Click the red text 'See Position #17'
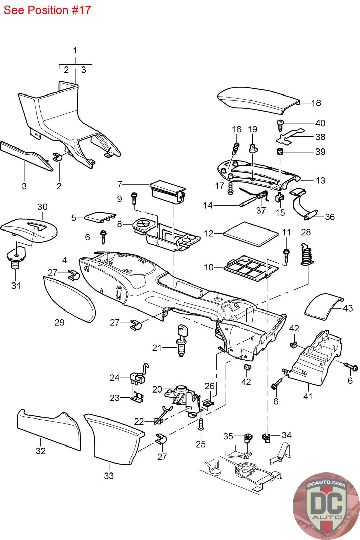point(47,10)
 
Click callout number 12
point(209,233)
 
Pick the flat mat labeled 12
point(251,233)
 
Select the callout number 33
point(109,476)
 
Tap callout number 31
point(16,286)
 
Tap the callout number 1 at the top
point(75,51)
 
